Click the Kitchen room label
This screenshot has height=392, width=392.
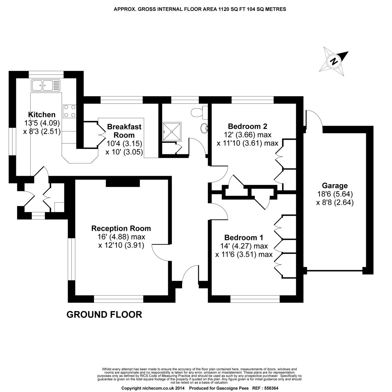[x=42, y=114]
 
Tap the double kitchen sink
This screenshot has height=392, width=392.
[x=46, y=85]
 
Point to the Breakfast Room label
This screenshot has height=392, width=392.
[x=124, y=131]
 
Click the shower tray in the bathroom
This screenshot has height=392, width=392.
[x=172, y=131]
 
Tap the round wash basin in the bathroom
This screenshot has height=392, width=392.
[x=205, y=128]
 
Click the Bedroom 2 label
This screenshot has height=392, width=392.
[x=247, y=126]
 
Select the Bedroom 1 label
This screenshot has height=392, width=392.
[x=244, y=238]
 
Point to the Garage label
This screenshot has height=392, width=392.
[x=335, y=186]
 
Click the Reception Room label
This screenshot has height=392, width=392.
[x=121, y=228]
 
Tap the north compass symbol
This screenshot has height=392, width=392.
[x=334, y=61]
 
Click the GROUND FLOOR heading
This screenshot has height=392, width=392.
[x=104, y=314]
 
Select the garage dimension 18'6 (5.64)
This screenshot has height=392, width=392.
[x=335, y=194]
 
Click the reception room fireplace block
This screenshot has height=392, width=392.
[x=123, y=183]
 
